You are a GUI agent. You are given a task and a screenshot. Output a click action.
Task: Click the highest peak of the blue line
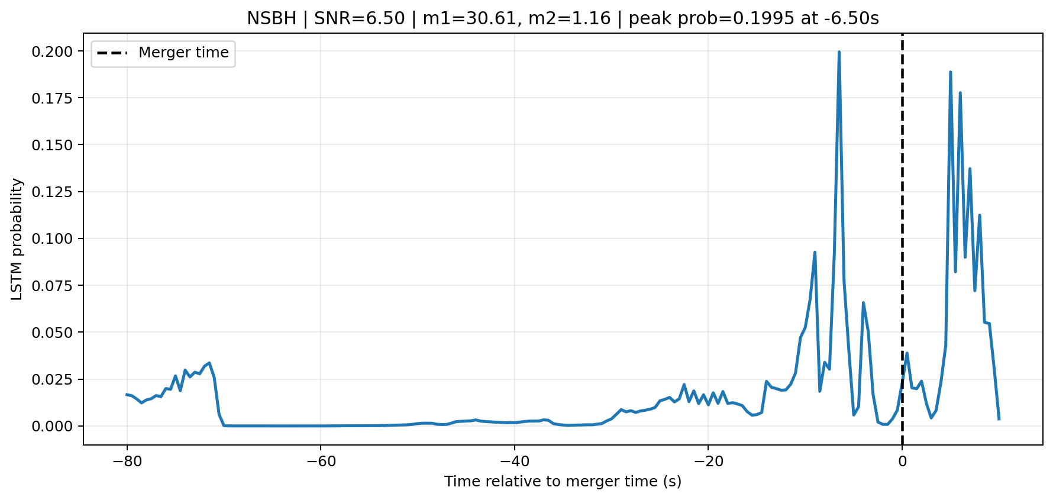click(839, 52)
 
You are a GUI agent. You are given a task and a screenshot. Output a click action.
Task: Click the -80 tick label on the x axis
click(127, 461)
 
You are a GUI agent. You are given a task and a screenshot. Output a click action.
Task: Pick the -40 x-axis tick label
click(514, 461)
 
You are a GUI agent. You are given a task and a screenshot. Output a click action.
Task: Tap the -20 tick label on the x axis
click(708, 461)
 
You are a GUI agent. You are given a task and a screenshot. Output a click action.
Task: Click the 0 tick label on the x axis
click(902, 461)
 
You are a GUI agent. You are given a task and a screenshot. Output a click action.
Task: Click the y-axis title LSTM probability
click(17, 239)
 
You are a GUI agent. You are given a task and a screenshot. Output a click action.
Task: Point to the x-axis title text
click(563, 482)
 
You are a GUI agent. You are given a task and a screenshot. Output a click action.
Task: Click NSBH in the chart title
click(272, 19)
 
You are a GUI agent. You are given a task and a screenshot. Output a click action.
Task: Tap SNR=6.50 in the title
click(360, 19)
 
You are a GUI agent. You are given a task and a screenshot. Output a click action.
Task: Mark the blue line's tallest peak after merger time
click(950, 72)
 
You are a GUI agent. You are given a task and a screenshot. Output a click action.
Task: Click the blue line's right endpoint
click(999, 419)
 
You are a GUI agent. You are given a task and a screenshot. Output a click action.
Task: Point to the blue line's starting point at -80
click(127, 395)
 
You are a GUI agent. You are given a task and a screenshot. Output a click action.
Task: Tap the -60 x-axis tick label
click(320, 461)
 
